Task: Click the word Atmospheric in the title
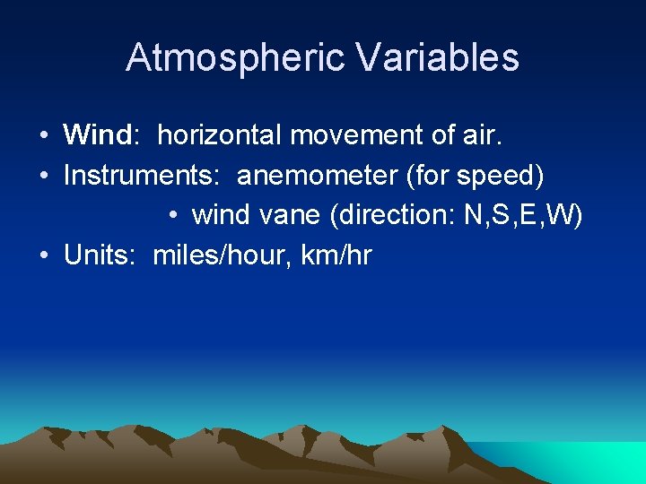tap(235, 57)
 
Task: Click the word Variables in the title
tap(437, 57)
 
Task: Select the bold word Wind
tap(98, 135)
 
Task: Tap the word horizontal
tap(218, 135)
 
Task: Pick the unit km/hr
tap(336, 255)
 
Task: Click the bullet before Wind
tap(44, 136)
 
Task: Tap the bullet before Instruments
tap(44, 177)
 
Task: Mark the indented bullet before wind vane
tap(172, 216)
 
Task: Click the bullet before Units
tap(44, 256)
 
